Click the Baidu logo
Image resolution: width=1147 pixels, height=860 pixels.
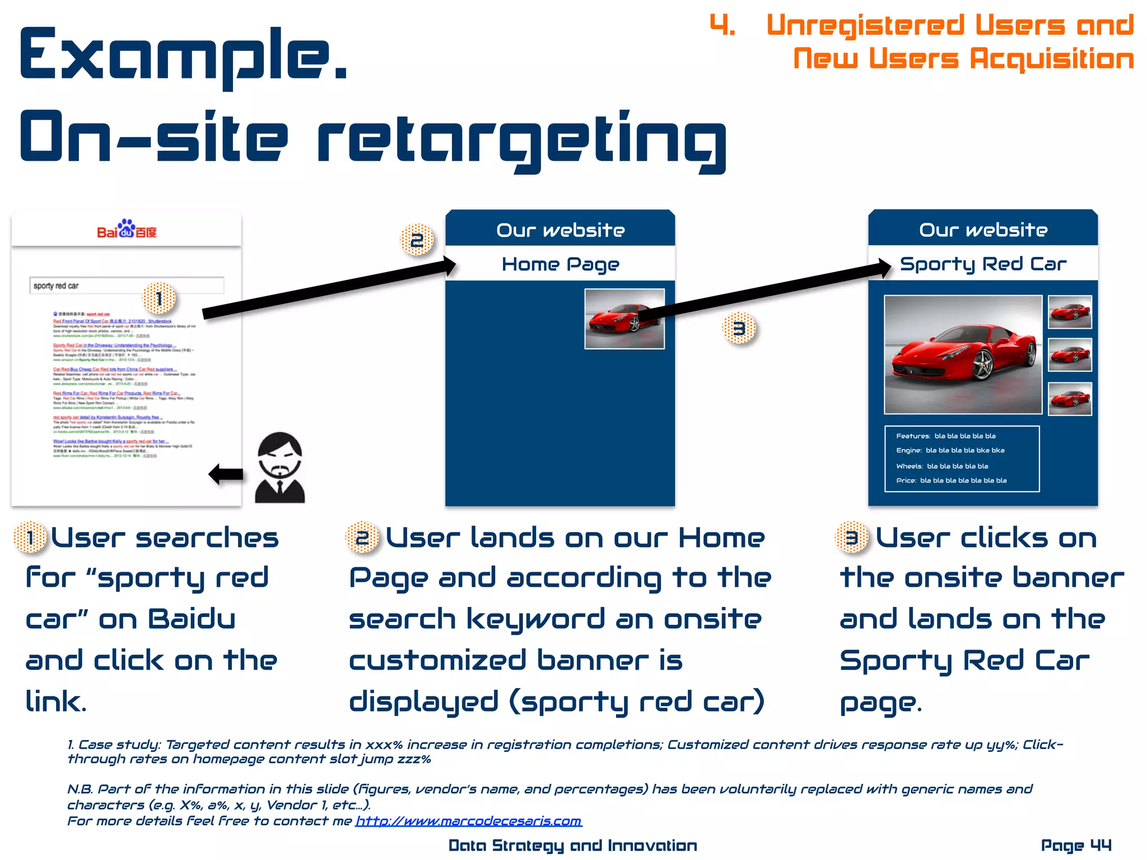[x=127, y=230]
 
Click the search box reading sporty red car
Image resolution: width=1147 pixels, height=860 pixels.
[x=127, y=286]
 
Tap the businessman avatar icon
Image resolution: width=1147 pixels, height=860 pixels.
[x=280, y=468]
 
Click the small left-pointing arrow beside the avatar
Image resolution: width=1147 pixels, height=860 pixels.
[x=226, y=474]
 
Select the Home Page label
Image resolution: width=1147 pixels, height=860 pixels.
[x=560, y=264]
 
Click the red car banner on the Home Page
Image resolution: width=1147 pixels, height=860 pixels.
[x=624, y=319]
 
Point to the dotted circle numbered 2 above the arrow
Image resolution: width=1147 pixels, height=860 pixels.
[x=417, y=240]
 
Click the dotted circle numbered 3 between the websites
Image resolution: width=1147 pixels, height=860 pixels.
[x=739, y=329]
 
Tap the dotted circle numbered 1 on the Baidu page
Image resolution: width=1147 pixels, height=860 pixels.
[x=159, y=298]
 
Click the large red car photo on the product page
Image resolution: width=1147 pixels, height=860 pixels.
[x=963, y=354]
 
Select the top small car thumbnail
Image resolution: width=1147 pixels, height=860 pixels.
[x=1070, y=312]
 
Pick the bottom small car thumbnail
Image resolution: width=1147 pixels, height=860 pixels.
[x=1070, y=399]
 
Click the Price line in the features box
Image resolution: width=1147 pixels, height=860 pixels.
[x=951, y=480]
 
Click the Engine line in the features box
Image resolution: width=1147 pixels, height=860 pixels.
[x=950, y=450]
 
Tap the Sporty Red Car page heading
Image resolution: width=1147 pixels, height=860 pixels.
[x=983, y=264]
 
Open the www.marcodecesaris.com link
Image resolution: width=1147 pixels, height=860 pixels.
[x=469, y=821]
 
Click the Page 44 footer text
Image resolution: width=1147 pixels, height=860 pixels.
[x=1076, y=845]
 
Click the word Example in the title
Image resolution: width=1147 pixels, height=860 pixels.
[x=184, y=54]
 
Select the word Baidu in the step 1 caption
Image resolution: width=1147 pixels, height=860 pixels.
[x=192, y=619]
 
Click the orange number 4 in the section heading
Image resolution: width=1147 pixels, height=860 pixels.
[x=722, y=25]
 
